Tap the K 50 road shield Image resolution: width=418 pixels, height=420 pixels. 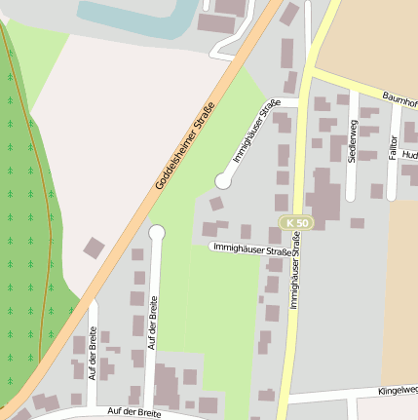coord(298,223)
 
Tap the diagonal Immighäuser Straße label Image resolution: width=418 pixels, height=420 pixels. coord(256,131)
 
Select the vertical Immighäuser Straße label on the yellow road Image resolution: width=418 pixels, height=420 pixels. coord(294,278)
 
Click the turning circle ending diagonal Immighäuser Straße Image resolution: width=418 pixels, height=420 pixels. coord(223,181)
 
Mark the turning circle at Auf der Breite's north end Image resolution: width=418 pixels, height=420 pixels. coord(157,232)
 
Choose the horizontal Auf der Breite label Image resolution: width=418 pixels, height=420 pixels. coord(134,413)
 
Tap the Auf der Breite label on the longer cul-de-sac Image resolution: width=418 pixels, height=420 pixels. coord(152,321)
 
